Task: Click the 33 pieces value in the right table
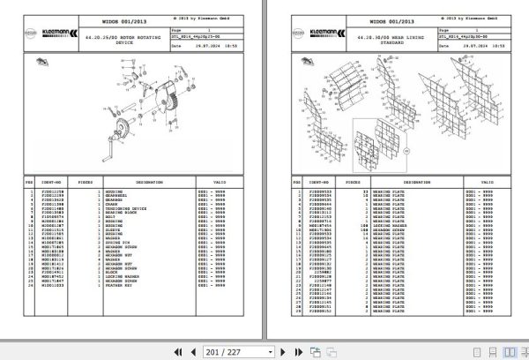pyautogui.click(x=364, y=191)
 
